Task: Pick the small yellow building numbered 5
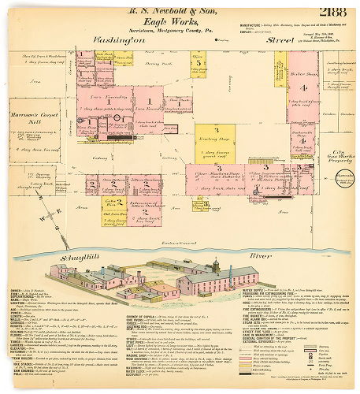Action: [x=200, y=62]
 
